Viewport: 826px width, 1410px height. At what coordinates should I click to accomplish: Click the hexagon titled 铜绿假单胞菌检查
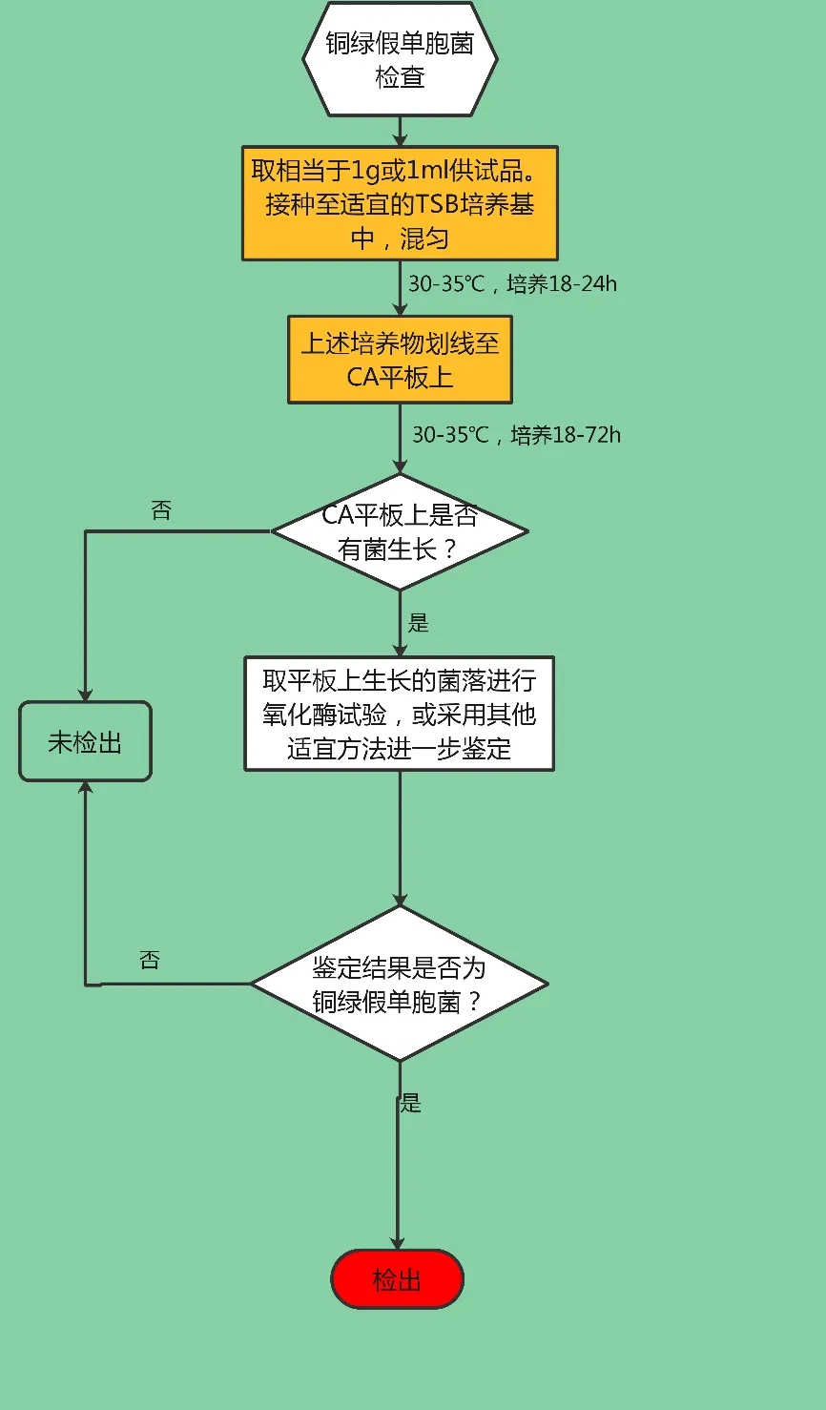(x=400, y=59)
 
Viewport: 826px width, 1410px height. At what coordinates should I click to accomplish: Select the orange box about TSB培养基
(x=400, y=203)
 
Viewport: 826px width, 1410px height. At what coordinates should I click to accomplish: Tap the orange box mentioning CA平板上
(x=400, y=360)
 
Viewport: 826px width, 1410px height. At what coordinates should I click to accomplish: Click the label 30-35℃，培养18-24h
(x=512, y=284)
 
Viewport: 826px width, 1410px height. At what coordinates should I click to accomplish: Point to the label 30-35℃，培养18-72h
(x=516, y=435)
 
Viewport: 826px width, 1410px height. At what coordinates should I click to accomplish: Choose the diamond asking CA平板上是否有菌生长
(x=400, y=531)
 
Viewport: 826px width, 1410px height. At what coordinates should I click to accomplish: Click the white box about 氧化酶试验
(x=400, y=714)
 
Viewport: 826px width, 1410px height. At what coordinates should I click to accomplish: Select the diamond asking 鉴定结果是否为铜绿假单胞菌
(x=400, y=984)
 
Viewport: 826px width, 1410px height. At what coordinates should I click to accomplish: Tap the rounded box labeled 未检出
(x=85, y=742)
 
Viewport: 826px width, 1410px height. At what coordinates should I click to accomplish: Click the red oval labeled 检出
(x=398, y=1279)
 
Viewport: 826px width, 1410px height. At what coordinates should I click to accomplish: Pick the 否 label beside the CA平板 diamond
(x=161, y=511)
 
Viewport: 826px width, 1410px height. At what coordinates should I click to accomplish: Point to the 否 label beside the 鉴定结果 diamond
(x=150, y=961)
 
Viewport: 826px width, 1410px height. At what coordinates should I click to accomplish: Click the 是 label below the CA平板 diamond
(x=419, y=624)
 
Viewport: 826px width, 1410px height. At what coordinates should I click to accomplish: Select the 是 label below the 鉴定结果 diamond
(x=410, y=1104)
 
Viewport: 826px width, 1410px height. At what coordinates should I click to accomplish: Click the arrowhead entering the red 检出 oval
(x=398, y=1241)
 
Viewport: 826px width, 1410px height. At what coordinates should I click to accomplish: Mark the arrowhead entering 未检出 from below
(x=85, y=788)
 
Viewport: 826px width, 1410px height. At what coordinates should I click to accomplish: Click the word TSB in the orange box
(x=438, y=204)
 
